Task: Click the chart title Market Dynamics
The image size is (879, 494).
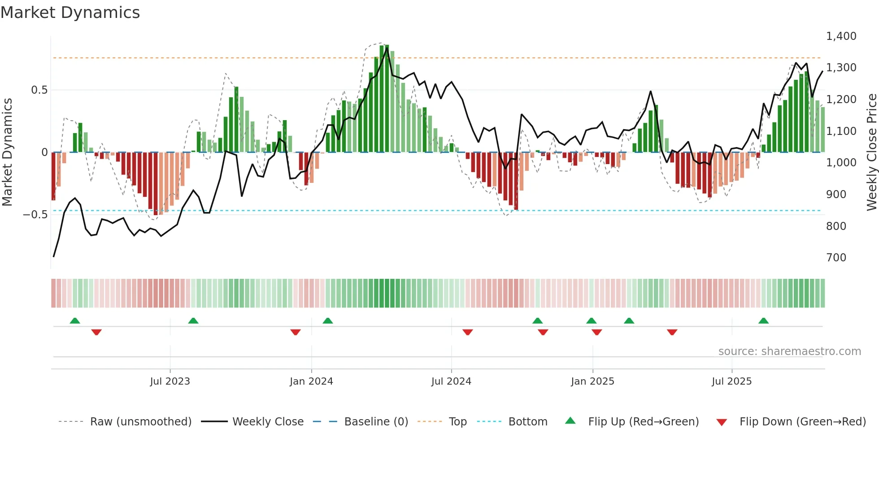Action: pyautogui.click(x=70, y=13)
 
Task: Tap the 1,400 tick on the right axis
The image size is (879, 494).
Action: pyautogui.click(x=841, y=36)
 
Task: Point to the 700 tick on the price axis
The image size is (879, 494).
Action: pyautogui.click(x=836, y=258)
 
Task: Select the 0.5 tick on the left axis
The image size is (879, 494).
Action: pyautogui.click(x=39, y=90)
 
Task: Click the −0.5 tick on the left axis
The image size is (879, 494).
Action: pyautogui.click(x=35, y=215)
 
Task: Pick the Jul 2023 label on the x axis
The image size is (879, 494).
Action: pyautogui.click(x=170, y=381)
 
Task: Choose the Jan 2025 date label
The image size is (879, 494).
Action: pyautogui.click(x=592, y=381)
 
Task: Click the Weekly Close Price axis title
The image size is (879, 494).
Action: pyautogui.click(x=871, y=152)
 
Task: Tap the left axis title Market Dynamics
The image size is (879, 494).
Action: pyautogui.click(x=7, y=152)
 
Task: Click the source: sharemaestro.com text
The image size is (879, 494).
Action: pyautogui.click(x=789, y=351)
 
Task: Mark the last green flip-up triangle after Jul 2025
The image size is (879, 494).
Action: pyautogui.click(x=763, y=321)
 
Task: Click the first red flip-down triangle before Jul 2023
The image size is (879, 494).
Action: pyautogui.click(x=96, y=332)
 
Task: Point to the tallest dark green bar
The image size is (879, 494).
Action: pyautogui.click(x=387, y=99)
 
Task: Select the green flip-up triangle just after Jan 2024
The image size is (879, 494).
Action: pyautogui.click(x=328, y=321)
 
